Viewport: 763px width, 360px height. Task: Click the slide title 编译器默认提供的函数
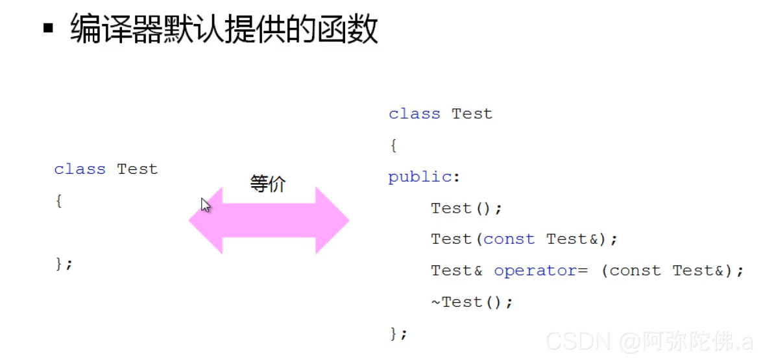point(224,30)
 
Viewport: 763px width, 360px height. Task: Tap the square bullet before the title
point(48,29)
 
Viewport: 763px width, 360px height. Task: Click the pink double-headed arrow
point(269,221)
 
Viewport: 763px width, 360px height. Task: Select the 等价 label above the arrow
point(268,184)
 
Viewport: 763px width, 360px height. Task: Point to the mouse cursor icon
point(206,206)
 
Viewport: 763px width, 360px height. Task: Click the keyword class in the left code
point(79,169)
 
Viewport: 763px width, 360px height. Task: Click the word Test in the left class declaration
point(137,169)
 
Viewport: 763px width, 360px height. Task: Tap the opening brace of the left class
point(58,201)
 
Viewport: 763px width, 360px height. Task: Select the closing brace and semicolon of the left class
point(64,263)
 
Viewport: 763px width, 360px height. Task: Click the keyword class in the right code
point(414,114)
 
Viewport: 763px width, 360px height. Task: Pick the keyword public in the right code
point(420,177)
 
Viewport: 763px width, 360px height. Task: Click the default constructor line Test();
point(466,208)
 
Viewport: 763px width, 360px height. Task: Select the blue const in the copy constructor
point(509,239)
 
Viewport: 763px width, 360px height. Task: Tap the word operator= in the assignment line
point(540,270)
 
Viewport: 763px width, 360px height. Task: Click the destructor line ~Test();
point(472,302)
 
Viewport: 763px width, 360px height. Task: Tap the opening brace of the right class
point(393,146)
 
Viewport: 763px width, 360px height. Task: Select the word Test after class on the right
point(472,114)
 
